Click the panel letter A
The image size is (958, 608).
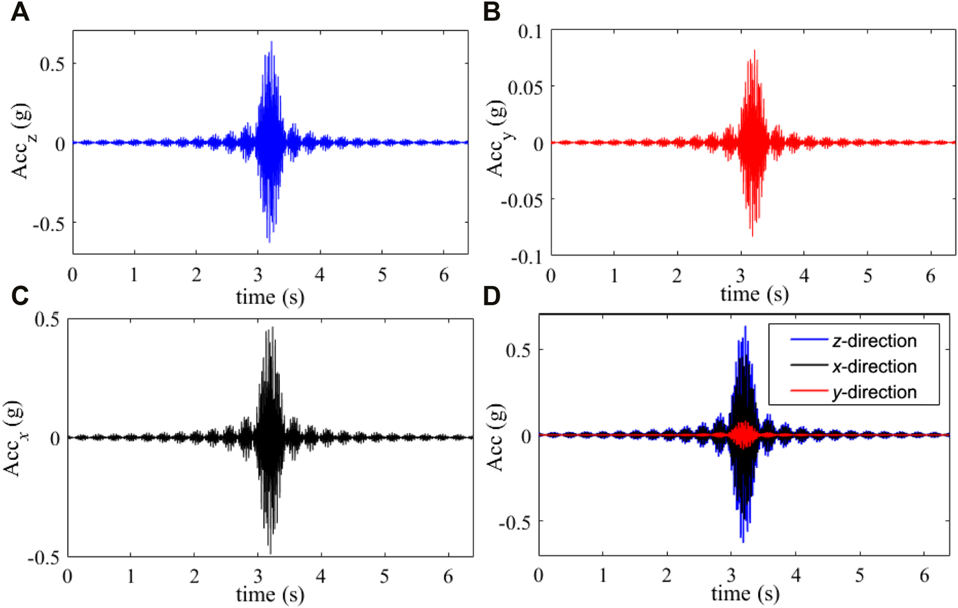20,12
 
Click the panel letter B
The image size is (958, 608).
491,12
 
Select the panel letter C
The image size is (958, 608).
20,296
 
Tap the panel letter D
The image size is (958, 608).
491,296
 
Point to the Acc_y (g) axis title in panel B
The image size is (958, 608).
497,139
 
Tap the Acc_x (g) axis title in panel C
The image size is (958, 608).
14,439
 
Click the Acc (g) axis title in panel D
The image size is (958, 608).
497,437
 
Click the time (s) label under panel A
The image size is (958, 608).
270,297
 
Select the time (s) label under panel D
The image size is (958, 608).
745,594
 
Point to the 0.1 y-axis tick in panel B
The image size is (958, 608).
529,31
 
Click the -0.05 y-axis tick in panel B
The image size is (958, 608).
521,200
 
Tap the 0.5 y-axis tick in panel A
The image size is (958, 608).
52,64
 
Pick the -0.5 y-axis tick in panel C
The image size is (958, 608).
43,557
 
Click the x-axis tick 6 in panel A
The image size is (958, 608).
444,275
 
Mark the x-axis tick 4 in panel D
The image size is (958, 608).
796,575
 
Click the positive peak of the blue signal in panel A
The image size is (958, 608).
272,43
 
